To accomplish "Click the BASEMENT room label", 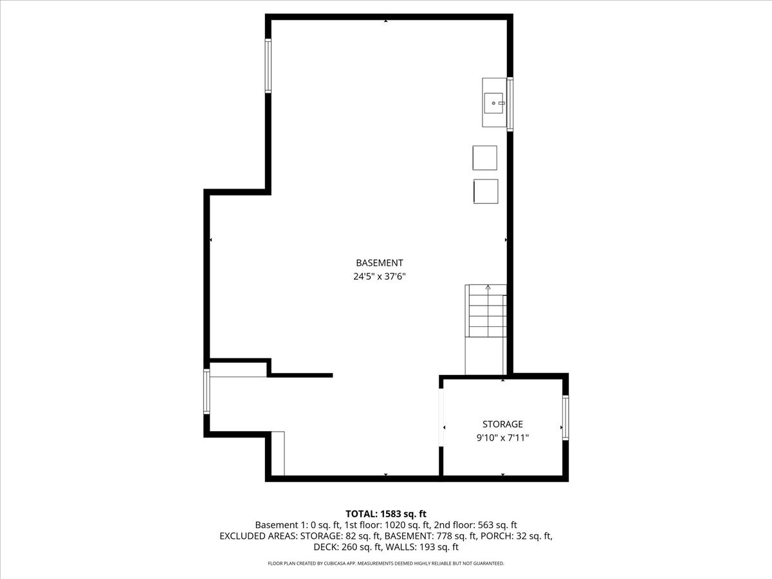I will [x=379, y=262].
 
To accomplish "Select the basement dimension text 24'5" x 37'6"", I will [x=379, y=277].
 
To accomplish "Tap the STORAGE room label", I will [x=502, y=424].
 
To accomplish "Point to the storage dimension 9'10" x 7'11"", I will [x=502, y=437].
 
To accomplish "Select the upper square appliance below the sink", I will [x=484, y=158].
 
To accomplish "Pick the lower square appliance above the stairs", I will [x=486, y=192].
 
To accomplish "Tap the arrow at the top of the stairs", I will [x=488, y=287].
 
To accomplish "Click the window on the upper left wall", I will [x=268, y=66].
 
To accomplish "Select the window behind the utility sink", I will [x=510, y=104].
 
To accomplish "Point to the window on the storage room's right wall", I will [x=565, y=418].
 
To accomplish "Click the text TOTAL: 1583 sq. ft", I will [x=386, y=513].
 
